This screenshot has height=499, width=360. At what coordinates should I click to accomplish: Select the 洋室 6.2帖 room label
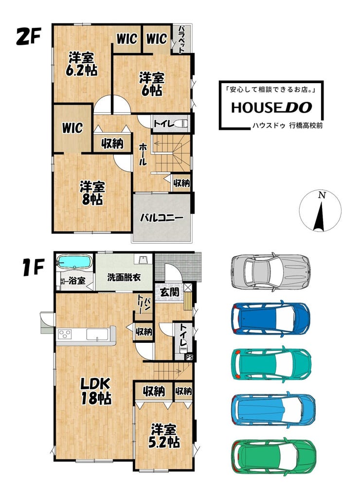tap(81, 64)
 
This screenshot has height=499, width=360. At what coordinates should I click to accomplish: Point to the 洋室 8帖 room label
tap(92, 193)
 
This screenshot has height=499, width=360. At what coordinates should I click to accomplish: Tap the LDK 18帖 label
tap(95, 391)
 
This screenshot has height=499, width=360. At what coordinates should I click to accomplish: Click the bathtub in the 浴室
tap(74, 262)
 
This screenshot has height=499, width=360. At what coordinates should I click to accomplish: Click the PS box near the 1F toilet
tap(189, 357)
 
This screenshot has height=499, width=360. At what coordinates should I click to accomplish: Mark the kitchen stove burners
tap(65, 335)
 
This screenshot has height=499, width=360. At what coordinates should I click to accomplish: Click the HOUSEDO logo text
tap(271, 107)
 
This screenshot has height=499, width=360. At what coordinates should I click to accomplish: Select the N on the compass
tap(323, 195)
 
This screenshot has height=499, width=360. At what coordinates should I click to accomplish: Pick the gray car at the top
tap(270, 272)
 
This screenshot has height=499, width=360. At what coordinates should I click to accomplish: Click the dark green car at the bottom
tap(274, 456)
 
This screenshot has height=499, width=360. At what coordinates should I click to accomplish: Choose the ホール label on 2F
tap(143, 154)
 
